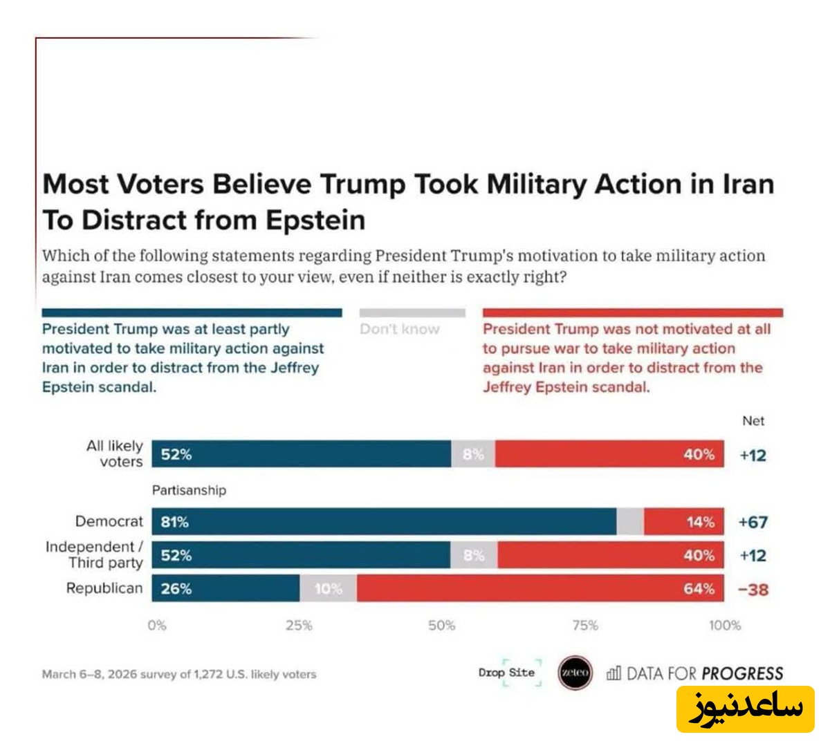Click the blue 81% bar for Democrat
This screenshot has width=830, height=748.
[384, 522]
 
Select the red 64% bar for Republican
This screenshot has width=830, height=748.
[539, 588]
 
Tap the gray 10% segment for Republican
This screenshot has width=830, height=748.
[329, 588]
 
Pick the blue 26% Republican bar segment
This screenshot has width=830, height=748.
[225, 588]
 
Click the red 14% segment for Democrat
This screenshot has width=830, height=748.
[683, 522]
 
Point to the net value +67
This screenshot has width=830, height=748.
[753, 522]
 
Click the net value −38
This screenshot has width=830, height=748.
[753, 590]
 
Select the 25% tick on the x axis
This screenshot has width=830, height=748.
[299, 626]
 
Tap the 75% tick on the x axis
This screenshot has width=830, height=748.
[585, 626]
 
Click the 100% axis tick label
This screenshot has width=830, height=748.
[725, 626]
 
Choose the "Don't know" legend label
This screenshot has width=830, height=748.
[400, 329]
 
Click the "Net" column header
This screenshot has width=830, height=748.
[753, 420]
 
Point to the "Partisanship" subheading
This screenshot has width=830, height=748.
[189, 490]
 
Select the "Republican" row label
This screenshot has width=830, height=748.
[104, 588]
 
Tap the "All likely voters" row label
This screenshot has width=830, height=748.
[115, 454]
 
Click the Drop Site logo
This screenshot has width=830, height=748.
[507, 673]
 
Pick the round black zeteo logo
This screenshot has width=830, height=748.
[575, 673]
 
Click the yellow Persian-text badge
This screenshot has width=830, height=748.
[746, 709]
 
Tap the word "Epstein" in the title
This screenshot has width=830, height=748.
[315, 220]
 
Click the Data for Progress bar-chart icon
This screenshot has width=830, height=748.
[614, 673]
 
